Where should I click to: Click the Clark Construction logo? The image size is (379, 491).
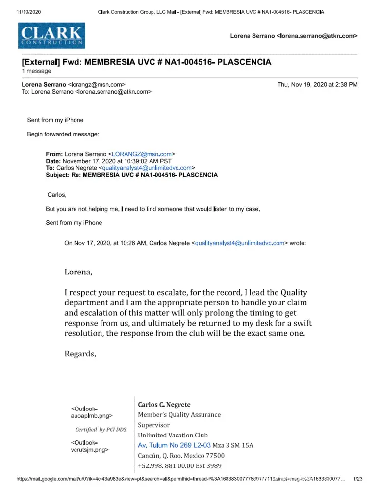[x=51, y=35]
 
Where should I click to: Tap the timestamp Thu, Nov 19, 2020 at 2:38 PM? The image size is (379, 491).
[x=317, y=84]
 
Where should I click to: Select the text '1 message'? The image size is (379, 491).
[x=36, y=71]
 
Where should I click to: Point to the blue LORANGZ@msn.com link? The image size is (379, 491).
[x=142, y=154]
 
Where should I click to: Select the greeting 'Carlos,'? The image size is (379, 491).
[x=57, y=195]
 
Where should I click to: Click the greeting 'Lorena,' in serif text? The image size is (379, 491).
[x=78, y=271]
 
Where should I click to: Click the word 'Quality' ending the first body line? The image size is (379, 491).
[x=294, y=292]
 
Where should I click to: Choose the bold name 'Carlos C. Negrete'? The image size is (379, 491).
[x=164, y=405]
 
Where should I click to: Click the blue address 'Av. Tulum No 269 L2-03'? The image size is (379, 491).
[x=175, y=445]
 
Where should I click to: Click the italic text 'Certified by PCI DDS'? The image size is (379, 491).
[x=101, y=430]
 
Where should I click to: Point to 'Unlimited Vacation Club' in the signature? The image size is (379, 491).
[x=173, y=435]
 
